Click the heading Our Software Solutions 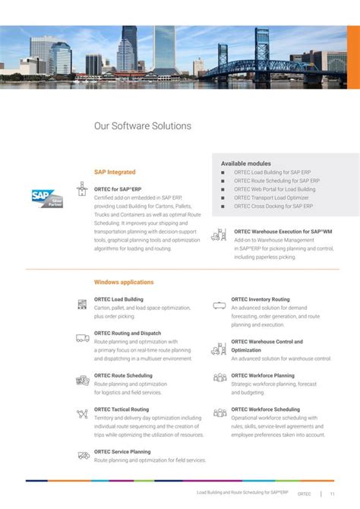point(142,126)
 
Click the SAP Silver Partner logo point(46,198)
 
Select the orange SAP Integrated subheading point(115,172)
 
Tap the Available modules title point(245,163)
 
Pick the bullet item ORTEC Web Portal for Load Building point(274,189)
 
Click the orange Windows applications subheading point(124,282)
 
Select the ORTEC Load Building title point(118,299)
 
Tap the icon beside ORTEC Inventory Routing point(219,304)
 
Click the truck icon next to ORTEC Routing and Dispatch point(83,338)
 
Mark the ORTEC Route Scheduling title point(123,375)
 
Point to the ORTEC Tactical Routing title point(122,409)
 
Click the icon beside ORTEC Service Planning point(83,455)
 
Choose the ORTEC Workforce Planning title point(263,375)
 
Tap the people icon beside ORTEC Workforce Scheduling point(219,413)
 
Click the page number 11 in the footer point(332,493)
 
